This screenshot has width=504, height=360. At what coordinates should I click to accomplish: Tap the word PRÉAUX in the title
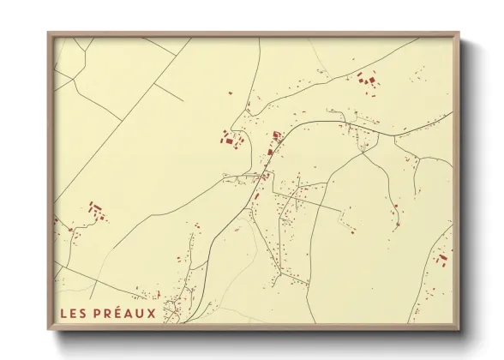point(123,314)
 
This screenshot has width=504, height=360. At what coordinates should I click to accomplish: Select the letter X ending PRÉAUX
point(151,314)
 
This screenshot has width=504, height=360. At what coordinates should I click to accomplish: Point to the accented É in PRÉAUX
point(115,314)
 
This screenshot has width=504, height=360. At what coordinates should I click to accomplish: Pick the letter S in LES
point(82,314)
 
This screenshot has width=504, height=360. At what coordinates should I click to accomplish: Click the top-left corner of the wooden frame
point(48,33)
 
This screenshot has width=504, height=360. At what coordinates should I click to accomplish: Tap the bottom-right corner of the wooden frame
point(459,330)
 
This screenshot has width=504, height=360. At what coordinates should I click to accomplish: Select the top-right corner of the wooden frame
point(459,33)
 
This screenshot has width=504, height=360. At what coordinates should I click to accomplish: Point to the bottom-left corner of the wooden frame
point(48,330)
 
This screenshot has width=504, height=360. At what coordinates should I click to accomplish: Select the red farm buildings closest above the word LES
point(95,209)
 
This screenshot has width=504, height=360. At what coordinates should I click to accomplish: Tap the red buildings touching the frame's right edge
point(443,256)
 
